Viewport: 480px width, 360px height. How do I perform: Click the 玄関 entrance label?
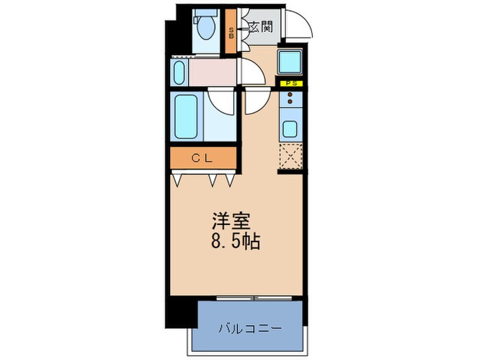(261, 28)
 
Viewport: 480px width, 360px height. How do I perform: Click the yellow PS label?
(291, 83)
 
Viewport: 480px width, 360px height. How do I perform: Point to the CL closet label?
(204, 158)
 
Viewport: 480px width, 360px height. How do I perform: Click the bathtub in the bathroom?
(187, 116)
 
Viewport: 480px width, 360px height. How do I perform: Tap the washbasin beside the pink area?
(180, 71)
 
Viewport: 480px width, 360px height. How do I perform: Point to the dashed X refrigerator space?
(291, 157)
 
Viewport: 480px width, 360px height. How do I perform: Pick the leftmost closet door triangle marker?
(180, 180)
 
